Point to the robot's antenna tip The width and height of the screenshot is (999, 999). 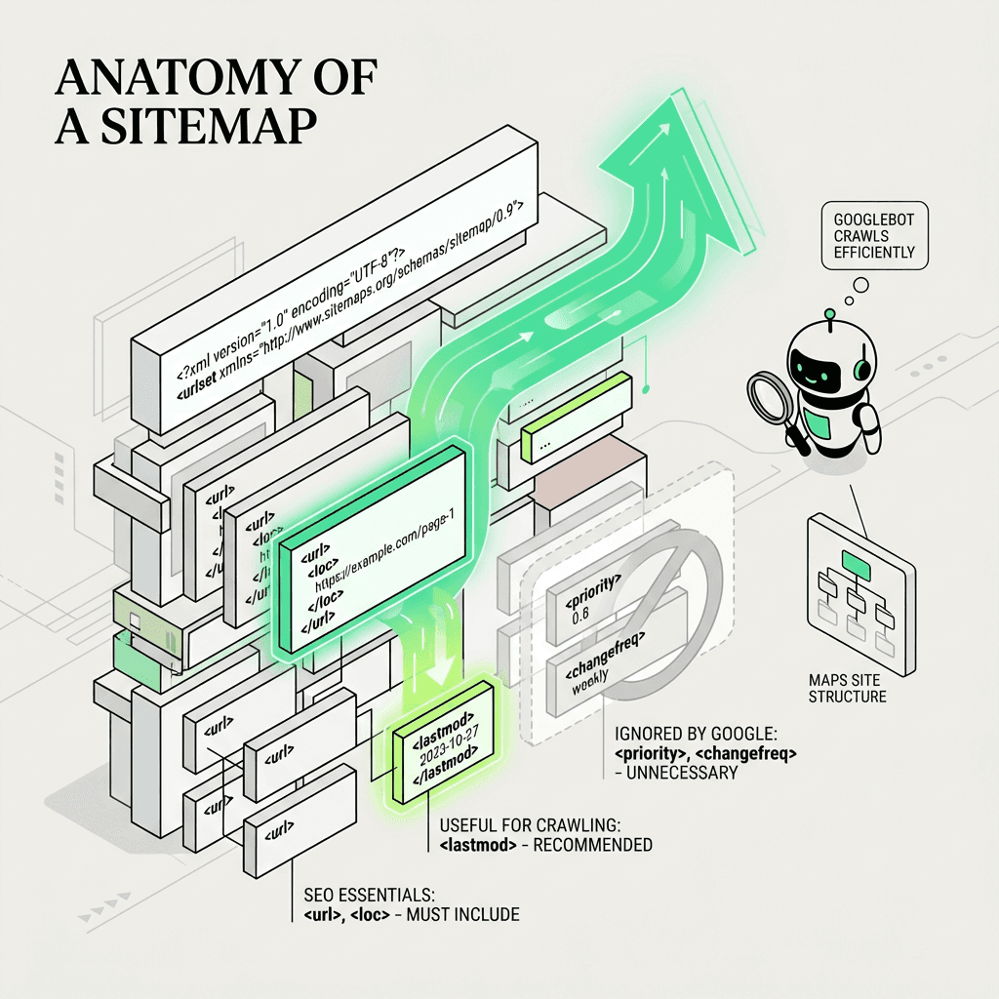tap(829, 314)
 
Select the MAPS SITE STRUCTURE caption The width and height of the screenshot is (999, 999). tap(847, 688)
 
